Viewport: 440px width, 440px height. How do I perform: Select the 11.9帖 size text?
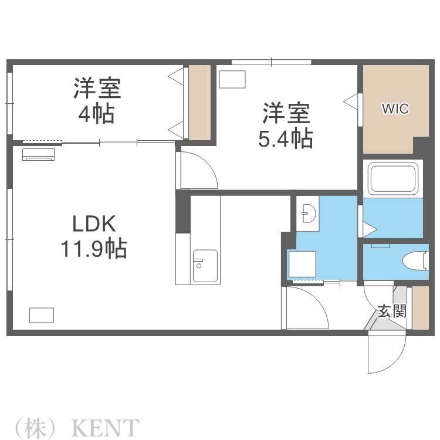click(93, 249)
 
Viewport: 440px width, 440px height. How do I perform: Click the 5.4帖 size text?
click(285, 138)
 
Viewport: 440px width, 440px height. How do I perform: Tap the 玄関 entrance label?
click(391, 310)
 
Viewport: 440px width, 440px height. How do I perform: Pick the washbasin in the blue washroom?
click(308, 214)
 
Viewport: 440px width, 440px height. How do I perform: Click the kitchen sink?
click(205, 266)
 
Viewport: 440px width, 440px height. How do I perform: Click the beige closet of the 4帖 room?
click(199, 103)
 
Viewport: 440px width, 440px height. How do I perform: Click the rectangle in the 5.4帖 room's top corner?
click(232, 79)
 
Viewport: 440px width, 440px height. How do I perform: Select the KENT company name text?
click(106, 427)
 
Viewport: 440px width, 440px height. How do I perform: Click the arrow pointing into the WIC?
click(350, 101)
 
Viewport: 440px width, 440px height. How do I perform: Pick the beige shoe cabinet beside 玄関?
click(420, 307)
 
